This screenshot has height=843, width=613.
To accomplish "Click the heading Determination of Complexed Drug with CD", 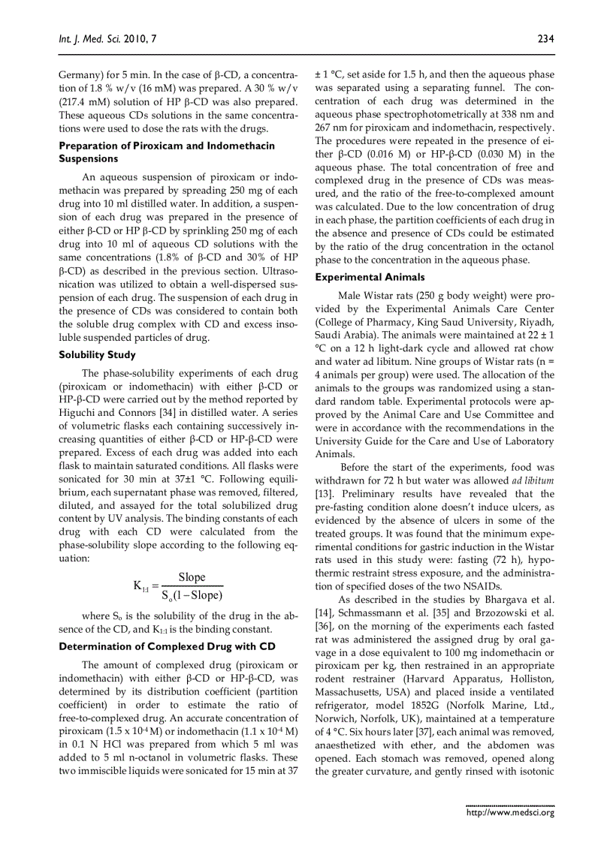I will pos(168,646).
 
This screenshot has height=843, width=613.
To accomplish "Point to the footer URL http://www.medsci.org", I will pos(510,812).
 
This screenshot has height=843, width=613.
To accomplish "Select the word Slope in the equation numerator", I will pos(192,577).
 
